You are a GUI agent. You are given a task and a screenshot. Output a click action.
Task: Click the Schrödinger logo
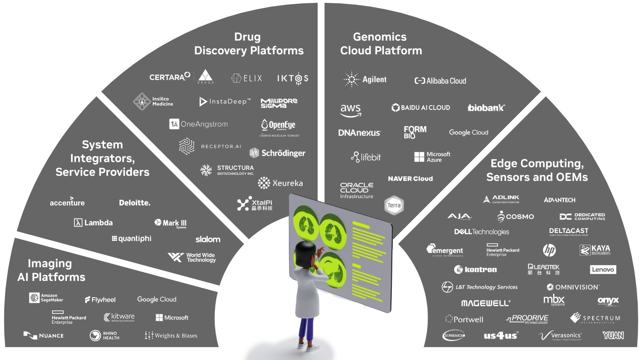point(277,153)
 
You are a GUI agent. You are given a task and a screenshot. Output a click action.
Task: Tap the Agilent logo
point(365,80)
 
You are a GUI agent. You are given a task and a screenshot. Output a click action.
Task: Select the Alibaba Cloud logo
point(440,80)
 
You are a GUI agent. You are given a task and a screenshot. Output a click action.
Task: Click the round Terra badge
point(394,205)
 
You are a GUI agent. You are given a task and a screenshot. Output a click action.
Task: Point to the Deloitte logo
point(135,203)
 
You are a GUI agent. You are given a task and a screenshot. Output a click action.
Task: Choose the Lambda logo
point(93,222)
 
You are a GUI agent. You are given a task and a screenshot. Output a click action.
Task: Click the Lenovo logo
point(603,270)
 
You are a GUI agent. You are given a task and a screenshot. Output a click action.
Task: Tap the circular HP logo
point(549,250)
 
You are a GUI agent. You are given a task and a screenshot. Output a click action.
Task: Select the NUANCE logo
point(43,335)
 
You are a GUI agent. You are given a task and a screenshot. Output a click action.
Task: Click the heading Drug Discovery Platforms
point(248,44)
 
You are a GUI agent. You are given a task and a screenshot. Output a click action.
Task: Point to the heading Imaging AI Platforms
point(51,270)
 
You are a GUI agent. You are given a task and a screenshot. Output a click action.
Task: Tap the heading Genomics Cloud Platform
point(381,44)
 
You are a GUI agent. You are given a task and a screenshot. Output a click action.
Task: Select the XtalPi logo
point(255,204)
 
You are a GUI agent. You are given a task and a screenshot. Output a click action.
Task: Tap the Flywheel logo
point(100,300)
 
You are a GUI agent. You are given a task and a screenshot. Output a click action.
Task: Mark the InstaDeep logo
point(225,101)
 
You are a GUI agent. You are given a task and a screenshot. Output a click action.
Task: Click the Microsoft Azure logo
point(432,157)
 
